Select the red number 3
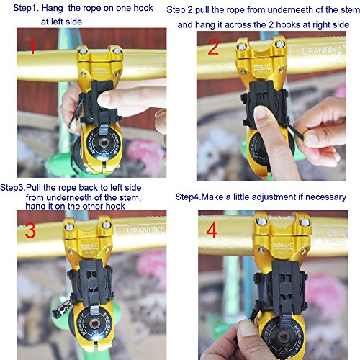(x=31, y=231)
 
